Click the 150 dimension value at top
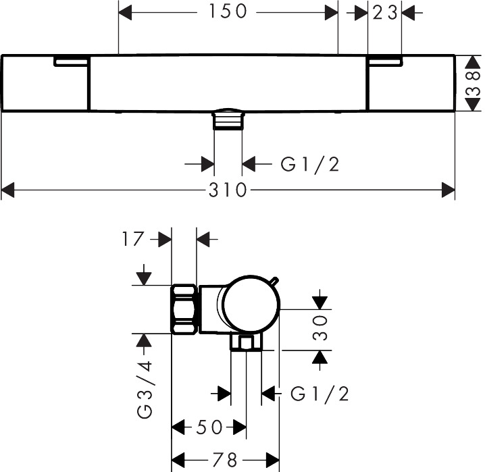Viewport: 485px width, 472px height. [x=228, y=11]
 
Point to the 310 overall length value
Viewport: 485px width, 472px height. [x=228, y=191]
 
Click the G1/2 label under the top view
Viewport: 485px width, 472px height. [x=310, y=163]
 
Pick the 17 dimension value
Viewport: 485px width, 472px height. [x=135, y=238]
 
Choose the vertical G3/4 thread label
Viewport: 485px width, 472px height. [x=145, y=391]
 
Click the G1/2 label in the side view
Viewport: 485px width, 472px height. [x=320, y=394]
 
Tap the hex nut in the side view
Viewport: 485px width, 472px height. [x=184, y=309]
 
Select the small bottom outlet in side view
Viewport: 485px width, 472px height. [x=246, y=343]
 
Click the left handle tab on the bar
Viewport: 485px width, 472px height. [x=71, y=61]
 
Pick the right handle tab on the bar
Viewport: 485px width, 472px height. [x=384, y=61]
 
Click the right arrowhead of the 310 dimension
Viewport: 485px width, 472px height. [x=449, y=192]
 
